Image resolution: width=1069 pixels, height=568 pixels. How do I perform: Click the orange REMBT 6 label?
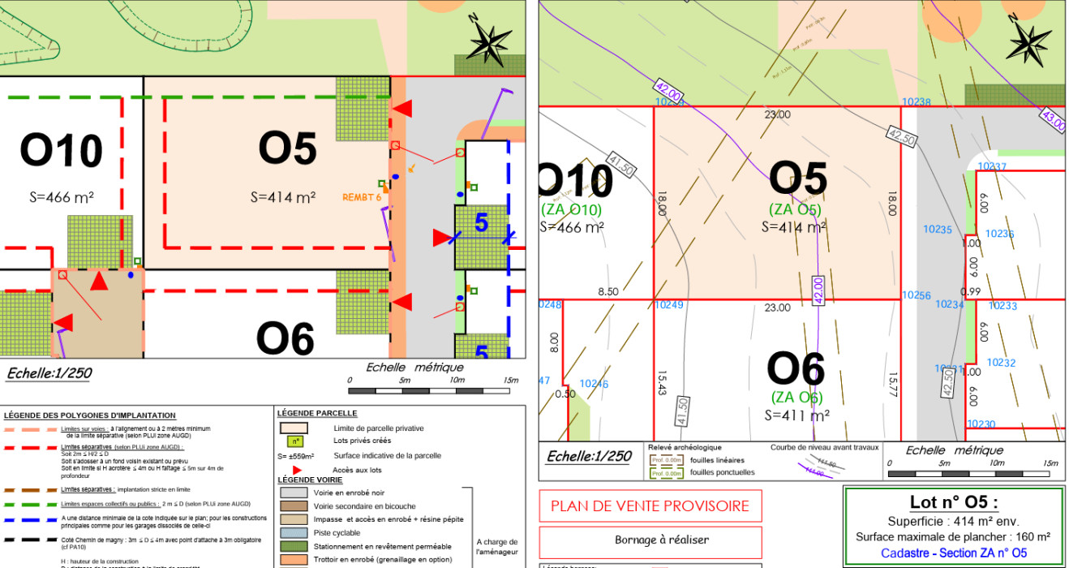click(362, 196)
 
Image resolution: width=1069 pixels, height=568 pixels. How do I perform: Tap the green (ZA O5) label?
click(795, 210)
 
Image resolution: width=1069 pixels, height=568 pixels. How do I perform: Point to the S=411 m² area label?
click(796, 415)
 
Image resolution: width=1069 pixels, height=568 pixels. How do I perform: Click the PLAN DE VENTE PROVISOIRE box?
click(650, 506)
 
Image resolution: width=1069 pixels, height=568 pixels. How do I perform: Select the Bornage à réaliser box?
click(650, 540)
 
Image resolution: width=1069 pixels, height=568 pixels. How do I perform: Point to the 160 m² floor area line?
click(953, 536)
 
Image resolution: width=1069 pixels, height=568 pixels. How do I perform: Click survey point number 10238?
click(917, 102)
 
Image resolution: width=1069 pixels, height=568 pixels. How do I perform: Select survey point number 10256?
click(917, 295)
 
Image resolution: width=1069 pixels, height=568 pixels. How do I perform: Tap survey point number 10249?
click(669, 305)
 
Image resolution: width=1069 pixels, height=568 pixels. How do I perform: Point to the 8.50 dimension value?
click(608, 292)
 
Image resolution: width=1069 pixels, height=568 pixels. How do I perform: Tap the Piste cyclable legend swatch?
click(293, 532)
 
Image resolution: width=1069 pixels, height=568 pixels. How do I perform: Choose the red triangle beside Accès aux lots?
click(297, 469)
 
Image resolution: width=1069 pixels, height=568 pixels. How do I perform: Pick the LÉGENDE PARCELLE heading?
click(317, 413)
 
